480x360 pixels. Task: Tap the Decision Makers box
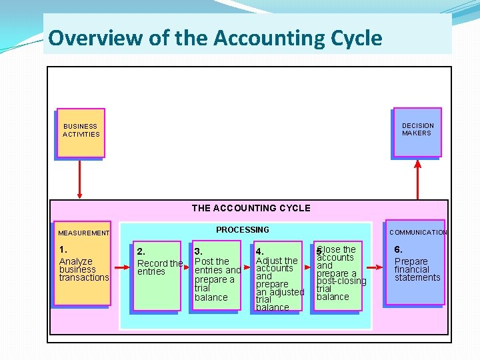(x=417, y=131)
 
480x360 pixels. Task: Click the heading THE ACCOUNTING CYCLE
(x=251, y=208)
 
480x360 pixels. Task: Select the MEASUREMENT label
(x=83, y=233)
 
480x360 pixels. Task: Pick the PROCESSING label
(x=243, y=230)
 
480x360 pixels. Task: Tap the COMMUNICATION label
(x=418, y=233)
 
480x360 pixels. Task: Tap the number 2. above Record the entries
(x=141, y=252)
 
